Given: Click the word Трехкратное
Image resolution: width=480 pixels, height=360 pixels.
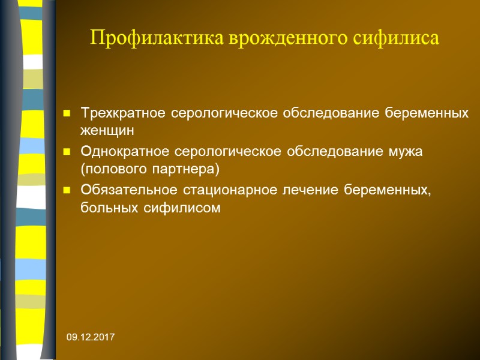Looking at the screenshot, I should pos(123,113).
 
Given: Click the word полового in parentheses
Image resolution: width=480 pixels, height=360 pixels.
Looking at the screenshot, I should pos(112,167).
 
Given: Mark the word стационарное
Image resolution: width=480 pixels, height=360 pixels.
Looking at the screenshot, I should pos(226,190).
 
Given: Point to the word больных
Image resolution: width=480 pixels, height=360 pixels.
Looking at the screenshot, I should pos(107,208).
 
